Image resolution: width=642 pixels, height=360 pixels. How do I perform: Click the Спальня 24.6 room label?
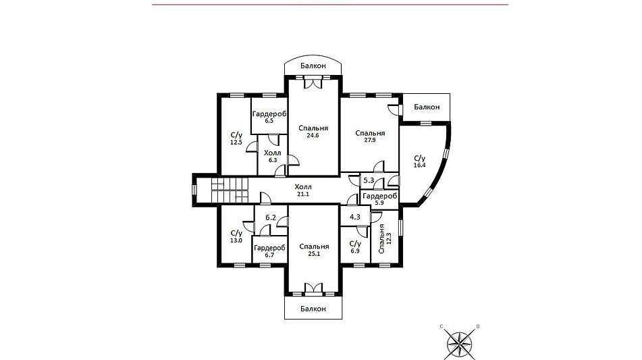[313, 132]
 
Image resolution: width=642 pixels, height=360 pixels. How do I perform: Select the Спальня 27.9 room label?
[370, 136]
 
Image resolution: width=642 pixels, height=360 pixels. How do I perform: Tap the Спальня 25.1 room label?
[314, 250]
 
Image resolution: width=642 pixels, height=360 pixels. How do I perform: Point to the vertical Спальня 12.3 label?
[385, 239]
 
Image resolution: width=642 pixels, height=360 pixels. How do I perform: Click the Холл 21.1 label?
[303, 190]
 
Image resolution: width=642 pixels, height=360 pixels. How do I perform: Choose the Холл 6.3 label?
[273, 157]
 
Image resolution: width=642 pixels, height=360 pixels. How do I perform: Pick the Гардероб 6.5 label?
[269, 117]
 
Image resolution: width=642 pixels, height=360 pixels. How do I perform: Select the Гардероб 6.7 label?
[269, 251]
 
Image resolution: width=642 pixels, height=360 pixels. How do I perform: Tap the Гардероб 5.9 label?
[380, 199]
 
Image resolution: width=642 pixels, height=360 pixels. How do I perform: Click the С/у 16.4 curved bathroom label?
[420, 161]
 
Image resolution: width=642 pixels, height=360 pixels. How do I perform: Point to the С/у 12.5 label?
[237, 138]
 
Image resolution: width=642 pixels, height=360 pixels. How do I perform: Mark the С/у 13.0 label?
[236, 236]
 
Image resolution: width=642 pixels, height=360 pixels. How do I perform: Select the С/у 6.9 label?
[355, 247]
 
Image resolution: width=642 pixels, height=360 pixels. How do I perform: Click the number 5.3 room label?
[369, 180]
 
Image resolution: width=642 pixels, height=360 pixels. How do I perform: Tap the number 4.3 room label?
[355, 217]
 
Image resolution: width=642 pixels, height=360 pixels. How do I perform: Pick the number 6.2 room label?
[271, 218]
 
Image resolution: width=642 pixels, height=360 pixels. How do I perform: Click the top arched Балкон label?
[313, 66]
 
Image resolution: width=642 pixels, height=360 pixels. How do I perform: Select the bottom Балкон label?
[313, 309]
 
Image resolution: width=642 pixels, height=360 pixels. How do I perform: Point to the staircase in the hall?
[230, 190]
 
